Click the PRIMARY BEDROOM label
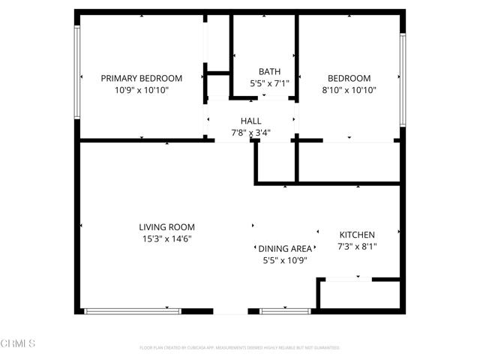[x=142, y=78]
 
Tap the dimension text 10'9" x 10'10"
[x=142, y=90]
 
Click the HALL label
[x=250, y=121]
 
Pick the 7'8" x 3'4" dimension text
[x=250, y=133]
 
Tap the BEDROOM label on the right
[x=349, y=78]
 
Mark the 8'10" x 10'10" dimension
[x=349, y=90]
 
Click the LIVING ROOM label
[x=166, y=226]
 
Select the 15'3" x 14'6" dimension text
[x=166, y=239]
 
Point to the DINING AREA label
[x=284, y=248]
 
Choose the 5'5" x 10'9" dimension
[x=284, y=260]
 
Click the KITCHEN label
[x=357, y=235]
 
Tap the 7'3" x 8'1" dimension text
[x=357, y=247]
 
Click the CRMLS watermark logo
[x=19, y=343]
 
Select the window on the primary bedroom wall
[x=76, y=72]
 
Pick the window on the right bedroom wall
[x=403, y=79]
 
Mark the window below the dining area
[x=285, y=311]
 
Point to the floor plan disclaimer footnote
[x=240, y=348]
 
